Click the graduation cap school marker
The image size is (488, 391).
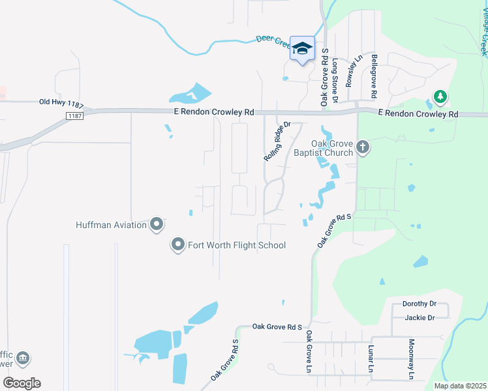click(302, 48)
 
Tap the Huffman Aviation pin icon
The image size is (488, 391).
click(157, 225)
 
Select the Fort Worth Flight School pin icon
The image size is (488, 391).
click(177, 245)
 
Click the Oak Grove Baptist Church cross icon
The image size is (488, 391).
click(363, 148)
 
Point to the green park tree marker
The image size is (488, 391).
click(441, 97)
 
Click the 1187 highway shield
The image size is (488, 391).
click(76, 115)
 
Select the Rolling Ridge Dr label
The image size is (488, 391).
click(277, 141)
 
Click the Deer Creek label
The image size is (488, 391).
click(273, 40)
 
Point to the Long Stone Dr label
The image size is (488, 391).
click(335, 80)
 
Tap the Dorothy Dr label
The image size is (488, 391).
click(419, 304)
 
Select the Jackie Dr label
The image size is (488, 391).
click(419, 317)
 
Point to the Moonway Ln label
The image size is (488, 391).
click(411, 359)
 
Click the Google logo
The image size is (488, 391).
click(22, 383)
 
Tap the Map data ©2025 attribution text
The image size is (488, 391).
click(461, 386)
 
